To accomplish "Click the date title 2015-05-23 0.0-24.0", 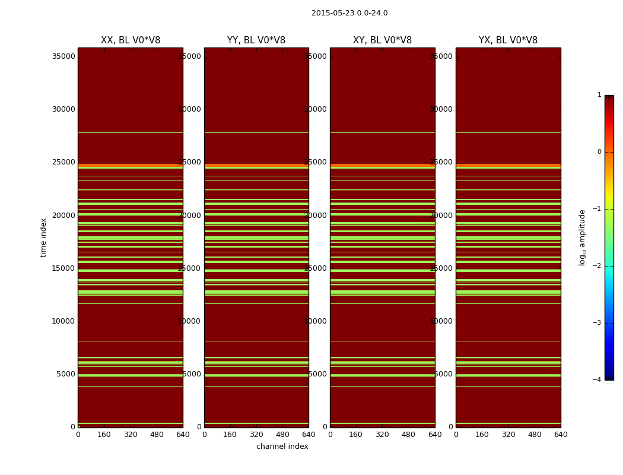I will pos(349,13).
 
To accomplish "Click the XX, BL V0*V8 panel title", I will pos(131,40).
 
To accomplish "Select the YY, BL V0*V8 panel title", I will pos(256,40).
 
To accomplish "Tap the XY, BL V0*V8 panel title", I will pos(382,40).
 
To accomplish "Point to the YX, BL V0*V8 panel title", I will pos(508,40).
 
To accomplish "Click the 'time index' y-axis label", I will pos(44,237).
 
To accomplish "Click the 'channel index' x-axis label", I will pos(282,446).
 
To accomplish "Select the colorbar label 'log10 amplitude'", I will pos(583,237).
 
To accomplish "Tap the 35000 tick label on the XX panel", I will pos(63,56).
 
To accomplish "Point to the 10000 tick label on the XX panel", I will pos(63,321).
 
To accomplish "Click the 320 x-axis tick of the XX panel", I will pos(131,435).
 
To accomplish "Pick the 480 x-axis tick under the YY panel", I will pos(282,435).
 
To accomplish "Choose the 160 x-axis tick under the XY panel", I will pos(356,435).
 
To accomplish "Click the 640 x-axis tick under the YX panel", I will pos(561,435).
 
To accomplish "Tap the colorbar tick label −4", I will pos(599,380).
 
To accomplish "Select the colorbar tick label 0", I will pos(599,152).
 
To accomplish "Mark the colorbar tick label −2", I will pos(599,266).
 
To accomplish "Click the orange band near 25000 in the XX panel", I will pos(131,166).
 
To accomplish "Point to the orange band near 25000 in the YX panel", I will pos(508,166).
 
